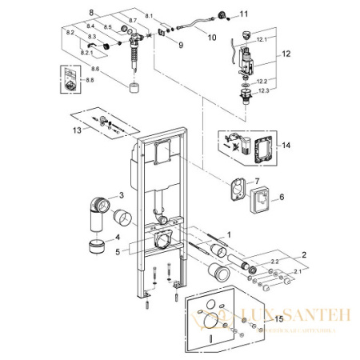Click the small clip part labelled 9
point(164,32)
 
